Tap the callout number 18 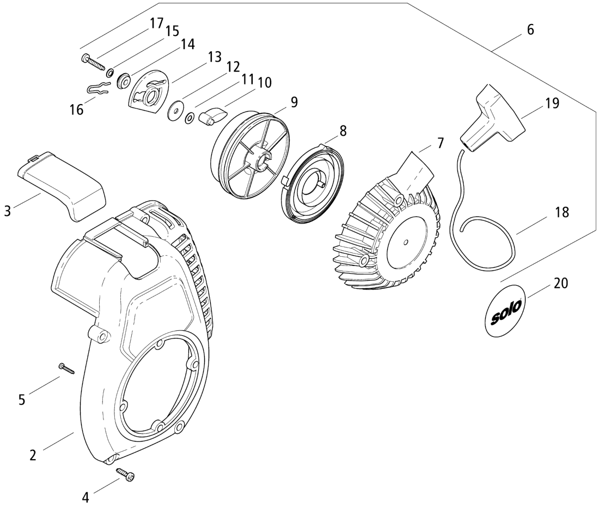tap(561, 213)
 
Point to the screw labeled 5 tap(68, 368)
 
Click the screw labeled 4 tap(126, 475)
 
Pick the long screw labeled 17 tap(93, 62)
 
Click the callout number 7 tap(439, 143)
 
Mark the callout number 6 tap(530, 30)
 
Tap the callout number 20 tap(561, 283)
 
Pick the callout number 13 tap(214, 56)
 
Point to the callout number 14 tap(188, 44)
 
